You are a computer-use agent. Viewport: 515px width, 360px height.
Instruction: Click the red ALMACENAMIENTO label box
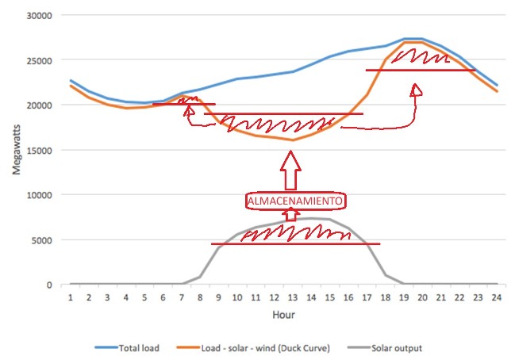click(x=295, y=201)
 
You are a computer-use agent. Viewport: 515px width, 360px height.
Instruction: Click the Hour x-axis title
click(x=284, y=316)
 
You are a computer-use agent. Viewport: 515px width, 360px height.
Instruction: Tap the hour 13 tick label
click(x=293, y=297)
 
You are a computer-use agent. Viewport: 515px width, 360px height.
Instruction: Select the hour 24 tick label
click(x=497, y=297)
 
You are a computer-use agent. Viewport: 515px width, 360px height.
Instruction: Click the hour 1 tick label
click(x=71, y=297)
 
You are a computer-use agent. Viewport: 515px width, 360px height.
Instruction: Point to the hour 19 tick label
click(x=404, y=297)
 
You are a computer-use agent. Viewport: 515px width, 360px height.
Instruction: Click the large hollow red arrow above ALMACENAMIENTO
click(x=292, y=170)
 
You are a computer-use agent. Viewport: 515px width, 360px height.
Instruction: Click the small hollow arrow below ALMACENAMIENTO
click(x=292, y=215)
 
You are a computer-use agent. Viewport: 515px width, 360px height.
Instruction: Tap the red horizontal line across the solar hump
click(x=295, y=243)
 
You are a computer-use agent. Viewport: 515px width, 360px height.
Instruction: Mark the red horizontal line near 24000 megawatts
click(x=421, y=70)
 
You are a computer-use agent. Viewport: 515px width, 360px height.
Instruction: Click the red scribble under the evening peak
click(x=421, y=58)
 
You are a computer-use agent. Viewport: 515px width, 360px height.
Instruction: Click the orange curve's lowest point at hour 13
click(x=293, y=140)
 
